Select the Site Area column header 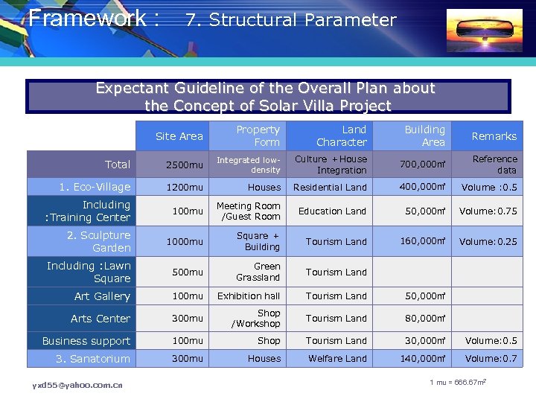click(179, 135)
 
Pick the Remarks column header click(494, 136)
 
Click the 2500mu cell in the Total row click(179, 165)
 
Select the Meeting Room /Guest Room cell click(249, 211)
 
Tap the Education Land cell click(332, 211)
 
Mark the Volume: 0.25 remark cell click(488, 241)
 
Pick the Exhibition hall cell click(249, 296)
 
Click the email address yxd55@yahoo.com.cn click(77, 385)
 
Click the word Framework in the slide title click(87, 18)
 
